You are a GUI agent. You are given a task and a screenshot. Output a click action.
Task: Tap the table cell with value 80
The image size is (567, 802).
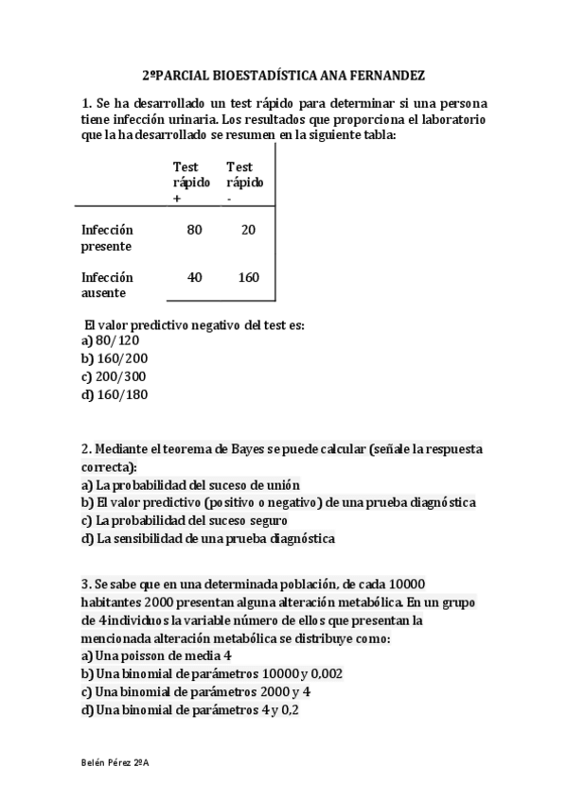point(195,230)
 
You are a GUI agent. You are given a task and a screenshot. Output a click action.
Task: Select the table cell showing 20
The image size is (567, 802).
point(248,230)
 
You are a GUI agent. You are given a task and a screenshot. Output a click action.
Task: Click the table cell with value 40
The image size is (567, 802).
point(195,277)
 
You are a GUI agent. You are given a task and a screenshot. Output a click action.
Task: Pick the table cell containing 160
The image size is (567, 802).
point(248,277)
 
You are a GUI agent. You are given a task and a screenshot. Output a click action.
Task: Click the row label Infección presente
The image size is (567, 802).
point(107,237)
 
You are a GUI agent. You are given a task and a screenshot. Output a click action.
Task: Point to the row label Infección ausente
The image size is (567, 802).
point(107,285)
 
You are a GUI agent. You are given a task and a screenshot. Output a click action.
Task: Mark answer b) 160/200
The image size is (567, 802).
point(115,358)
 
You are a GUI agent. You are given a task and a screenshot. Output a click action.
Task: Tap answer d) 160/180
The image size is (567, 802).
point(115,394)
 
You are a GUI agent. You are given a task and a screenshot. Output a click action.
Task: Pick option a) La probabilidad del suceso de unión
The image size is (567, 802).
point(190,484)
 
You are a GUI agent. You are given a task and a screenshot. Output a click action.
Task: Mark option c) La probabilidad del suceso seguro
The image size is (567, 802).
point(185,520)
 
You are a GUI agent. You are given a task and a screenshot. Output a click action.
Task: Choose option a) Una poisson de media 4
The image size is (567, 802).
point(156,655)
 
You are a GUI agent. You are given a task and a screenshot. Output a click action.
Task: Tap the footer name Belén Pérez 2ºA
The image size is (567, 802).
point(116,761)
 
